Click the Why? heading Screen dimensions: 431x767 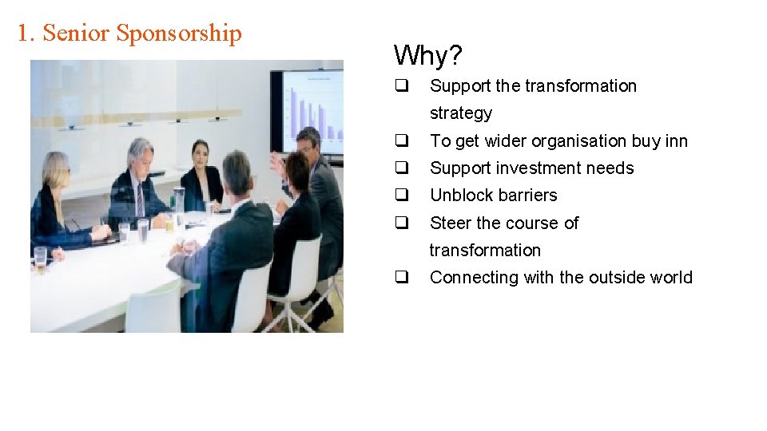pyautogui.click(x=428, y=56)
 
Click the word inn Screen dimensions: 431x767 pyautogui.click(x=676, y=140)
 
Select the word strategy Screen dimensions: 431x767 pyautogui.click(x=461, y=113)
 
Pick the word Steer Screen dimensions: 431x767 pyautogui.click(x=450, y=223)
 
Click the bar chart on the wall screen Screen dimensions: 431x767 pyautogui.click(x=316, y=112)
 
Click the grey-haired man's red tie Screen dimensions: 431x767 pyautogui.click(x=140, y=196)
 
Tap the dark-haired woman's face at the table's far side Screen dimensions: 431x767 pyautogui.click(x=200, y=153)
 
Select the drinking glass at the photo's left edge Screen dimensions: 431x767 pyautogui.click(x=40, y=259)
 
